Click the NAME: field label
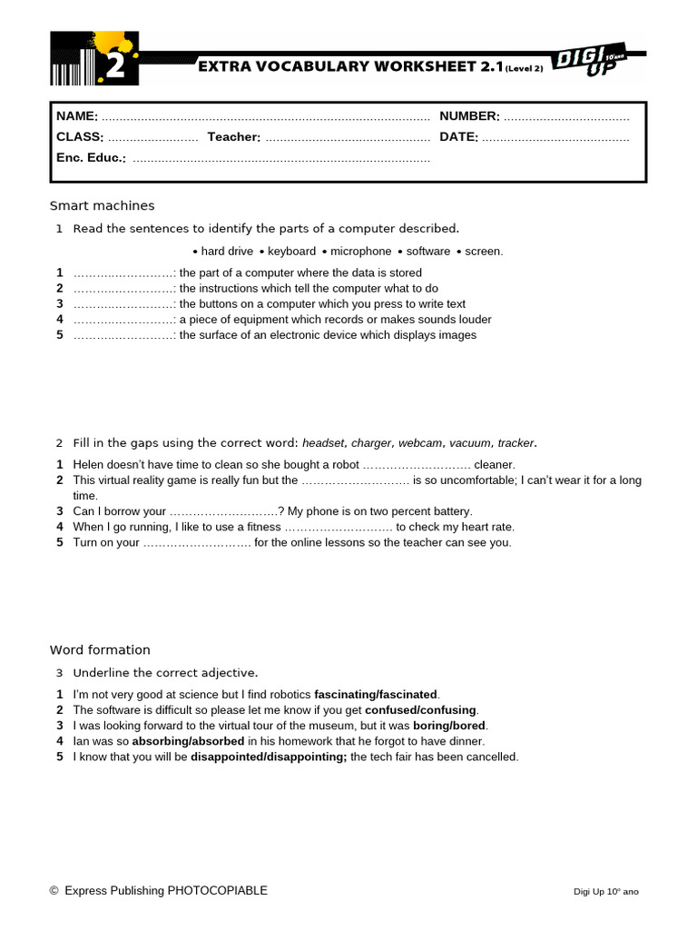[77, 116]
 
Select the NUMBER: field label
[469, 116]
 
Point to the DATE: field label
[458, 137]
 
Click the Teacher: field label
[234, 137]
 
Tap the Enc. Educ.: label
[91, 158]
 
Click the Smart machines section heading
[102, 206]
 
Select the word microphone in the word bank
[361, 252]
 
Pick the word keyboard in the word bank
[291, 252]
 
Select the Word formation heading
[100, 650]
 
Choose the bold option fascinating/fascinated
[376, 695]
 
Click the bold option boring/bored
[449, 726]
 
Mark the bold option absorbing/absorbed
[189, 741]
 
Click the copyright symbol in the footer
[54, 891]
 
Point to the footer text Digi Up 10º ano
[607, 892]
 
